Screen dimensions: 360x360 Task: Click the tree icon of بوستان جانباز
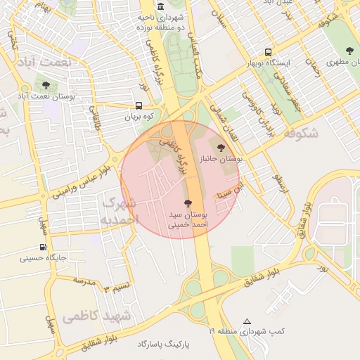222,148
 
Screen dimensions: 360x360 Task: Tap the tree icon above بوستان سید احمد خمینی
186,203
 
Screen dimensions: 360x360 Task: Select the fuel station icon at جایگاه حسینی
44,247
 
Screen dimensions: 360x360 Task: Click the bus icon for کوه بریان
139,105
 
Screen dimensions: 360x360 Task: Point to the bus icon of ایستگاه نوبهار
267,52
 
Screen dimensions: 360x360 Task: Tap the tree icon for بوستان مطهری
349,50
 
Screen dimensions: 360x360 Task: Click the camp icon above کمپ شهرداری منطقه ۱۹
246,321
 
